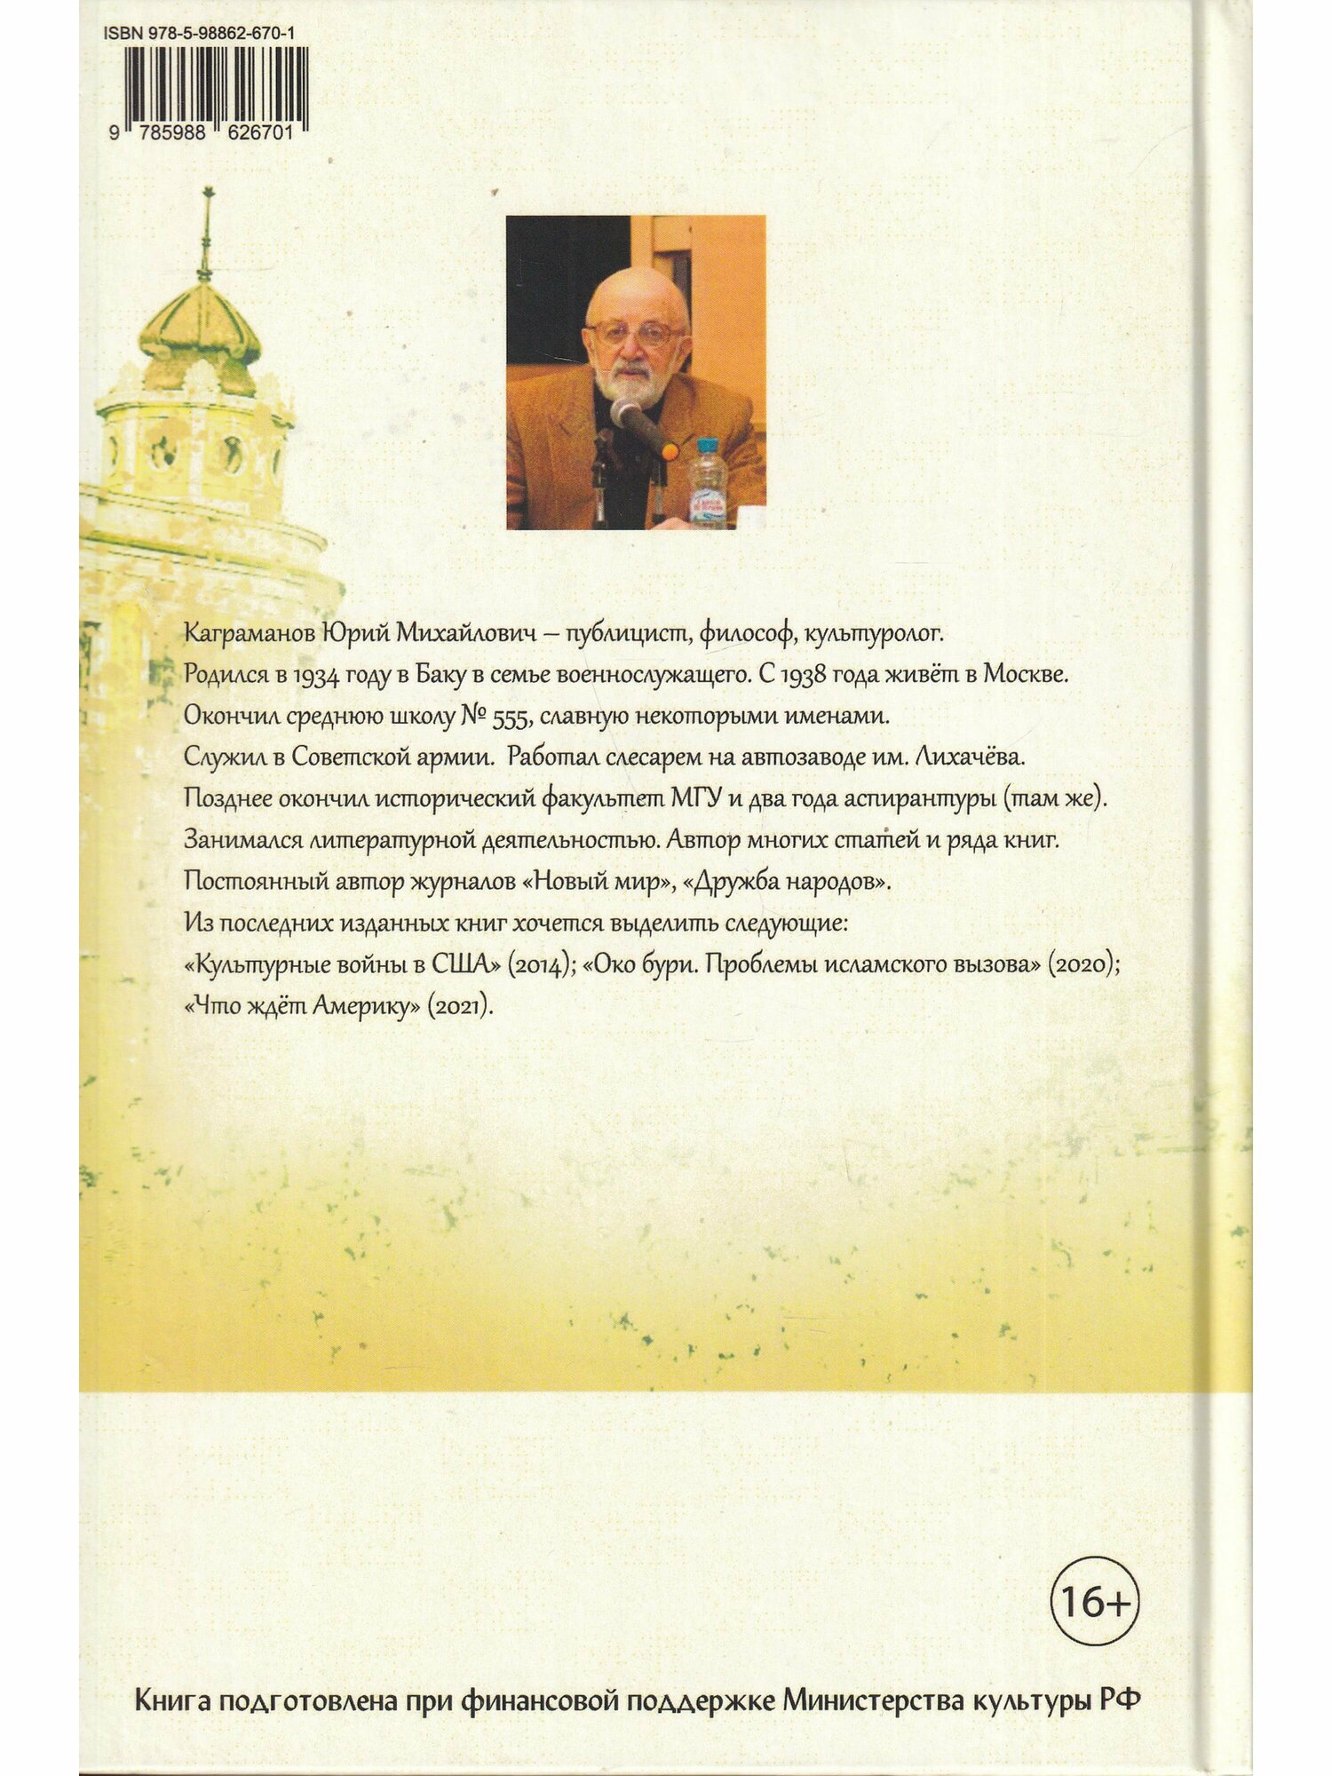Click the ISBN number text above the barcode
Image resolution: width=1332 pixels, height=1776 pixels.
tap(199, 34)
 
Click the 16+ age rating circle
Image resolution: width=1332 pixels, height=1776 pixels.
tap(1094, 1601)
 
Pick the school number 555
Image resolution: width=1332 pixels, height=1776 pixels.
tap(510, 717)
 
